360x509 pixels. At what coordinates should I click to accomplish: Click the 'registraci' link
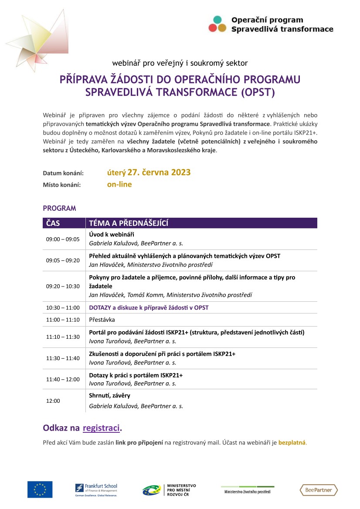pyautogui.click(x=101, y=428)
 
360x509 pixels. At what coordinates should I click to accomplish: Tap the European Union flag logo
pyautogui.click(x=40, y=489)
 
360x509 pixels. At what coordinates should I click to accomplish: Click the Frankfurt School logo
pyautogui.click(x=96, y=489)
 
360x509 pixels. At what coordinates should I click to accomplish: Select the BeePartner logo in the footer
pyautogui.click(x=319, y=490)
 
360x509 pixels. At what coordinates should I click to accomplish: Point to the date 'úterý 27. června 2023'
pyautogui.click(x=149, y=172)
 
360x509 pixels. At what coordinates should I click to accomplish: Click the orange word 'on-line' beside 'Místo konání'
pyautogui.click(x=119, y=184)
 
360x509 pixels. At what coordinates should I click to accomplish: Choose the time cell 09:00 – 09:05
pyautogui.click(x=63, y=239)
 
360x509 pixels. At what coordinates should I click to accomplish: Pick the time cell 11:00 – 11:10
pyautogui.click(x=63, y=319)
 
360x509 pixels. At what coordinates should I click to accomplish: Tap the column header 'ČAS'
pyautogui.click(x=53, y=223)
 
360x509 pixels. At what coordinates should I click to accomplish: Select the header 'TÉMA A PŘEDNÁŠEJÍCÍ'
pyautogui.click(x=129, y=223)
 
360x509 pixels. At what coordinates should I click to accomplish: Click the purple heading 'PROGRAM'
pyautogui.click(x=59, y=208)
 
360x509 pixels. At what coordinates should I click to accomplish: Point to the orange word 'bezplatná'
pyautogui.click(x=292, y=443)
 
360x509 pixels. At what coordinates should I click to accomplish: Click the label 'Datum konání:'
pyautogui.click(x=63, y=173)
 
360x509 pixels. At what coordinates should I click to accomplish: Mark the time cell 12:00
pyautogui.click(x=53, y=401)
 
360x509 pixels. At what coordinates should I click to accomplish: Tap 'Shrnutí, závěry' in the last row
pyautogui.click(x=109, y=395)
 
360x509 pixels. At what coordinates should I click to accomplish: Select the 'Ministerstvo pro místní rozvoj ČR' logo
pyautogui.click(x=169, y=489)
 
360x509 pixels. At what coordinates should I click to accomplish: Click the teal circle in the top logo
pyautogui.click(x=217, y=20)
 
